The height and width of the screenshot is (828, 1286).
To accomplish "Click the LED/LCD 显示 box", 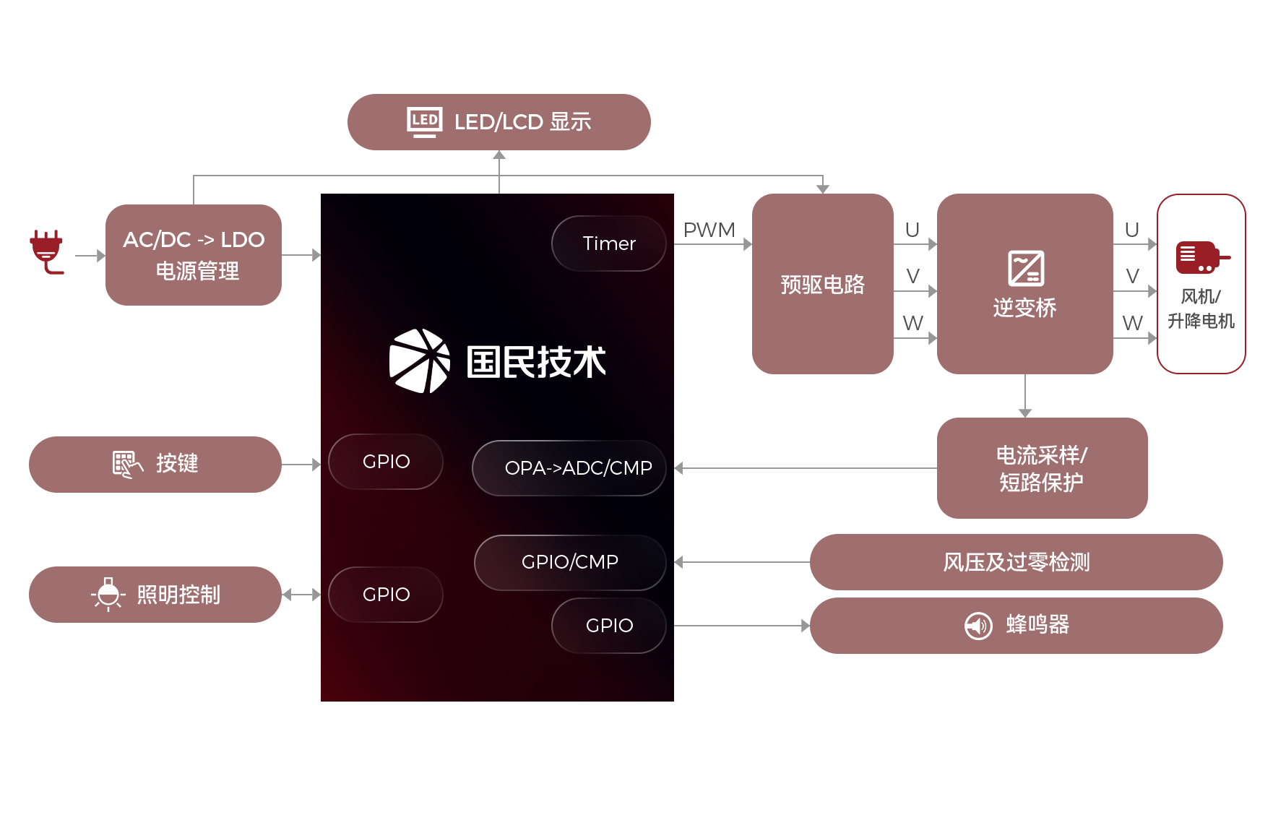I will pyautogui.click(x=499, y=122).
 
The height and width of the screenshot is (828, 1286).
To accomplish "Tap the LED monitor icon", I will pyautogui.click(x=424, y=121).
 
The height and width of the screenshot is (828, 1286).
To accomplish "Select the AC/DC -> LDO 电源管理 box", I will pyautogui.click(x=193, y=254).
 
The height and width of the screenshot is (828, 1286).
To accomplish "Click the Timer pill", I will pyautogui.click(x=608, y=243).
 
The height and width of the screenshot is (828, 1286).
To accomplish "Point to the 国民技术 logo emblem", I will pyautogui.click(x=419, y=361).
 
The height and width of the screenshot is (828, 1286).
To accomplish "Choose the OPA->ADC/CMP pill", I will pyautogui.click(x=569, y=468).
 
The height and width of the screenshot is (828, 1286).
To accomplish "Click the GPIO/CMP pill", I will pyautogui.click(x=569, y=562).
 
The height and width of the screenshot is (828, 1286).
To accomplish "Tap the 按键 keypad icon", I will pyautogui.click(x=127, y=464).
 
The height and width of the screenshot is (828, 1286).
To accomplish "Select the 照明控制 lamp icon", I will pyautogui.click(x=108, y=594).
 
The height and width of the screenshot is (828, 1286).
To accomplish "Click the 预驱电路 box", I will pyautogui.click(x=822, y=283).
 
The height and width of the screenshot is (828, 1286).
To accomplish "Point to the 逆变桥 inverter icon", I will pyautogui.click(x=1025, y=268).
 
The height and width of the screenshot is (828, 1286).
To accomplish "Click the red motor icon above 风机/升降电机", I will pyautogui.click(x=1200, y=258).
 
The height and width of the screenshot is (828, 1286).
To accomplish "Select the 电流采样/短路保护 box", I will pyautogui.click(x=1041, y=467).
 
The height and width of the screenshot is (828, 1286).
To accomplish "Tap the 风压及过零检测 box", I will pyautogui.click(x=1015, y=561).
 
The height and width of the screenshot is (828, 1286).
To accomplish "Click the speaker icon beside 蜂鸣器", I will pyautogui.click(x=978, y=625).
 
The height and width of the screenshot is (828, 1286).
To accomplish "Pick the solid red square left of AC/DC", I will pyautogui.click(x=47, y=252).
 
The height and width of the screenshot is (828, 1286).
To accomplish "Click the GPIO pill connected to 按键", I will pyautogui.click(x=386, y=462).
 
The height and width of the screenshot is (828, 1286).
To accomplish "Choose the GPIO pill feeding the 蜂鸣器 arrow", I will pyautogui.click(x=608, y=626).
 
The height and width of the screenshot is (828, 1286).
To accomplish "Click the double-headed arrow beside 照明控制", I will pyautogui.click(x=301, y=595).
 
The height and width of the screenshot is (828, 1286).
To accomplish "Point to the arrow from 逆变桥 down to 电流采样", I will pyautogui.click(x=1024, y=395).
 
